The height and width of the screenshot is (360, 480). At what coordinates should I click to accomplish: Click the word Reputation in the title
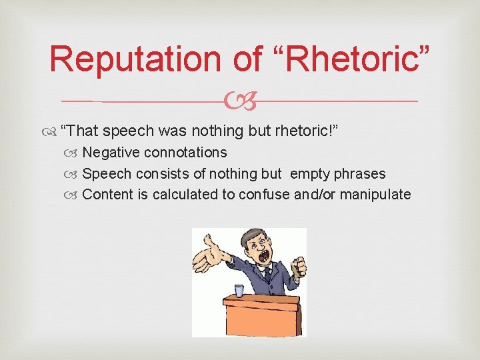(136, 59)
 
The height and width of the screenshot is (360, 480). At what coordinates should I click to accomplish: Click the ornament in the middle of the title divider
(239, 101)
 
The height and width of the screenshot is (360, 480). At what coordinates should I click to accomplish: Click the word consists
(158, 174)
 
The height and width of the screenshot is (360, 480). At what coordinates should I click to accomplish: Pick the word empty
(311, 174)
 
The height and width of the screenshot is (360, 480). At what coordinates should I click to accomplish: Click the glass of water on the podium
(238, 290)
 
